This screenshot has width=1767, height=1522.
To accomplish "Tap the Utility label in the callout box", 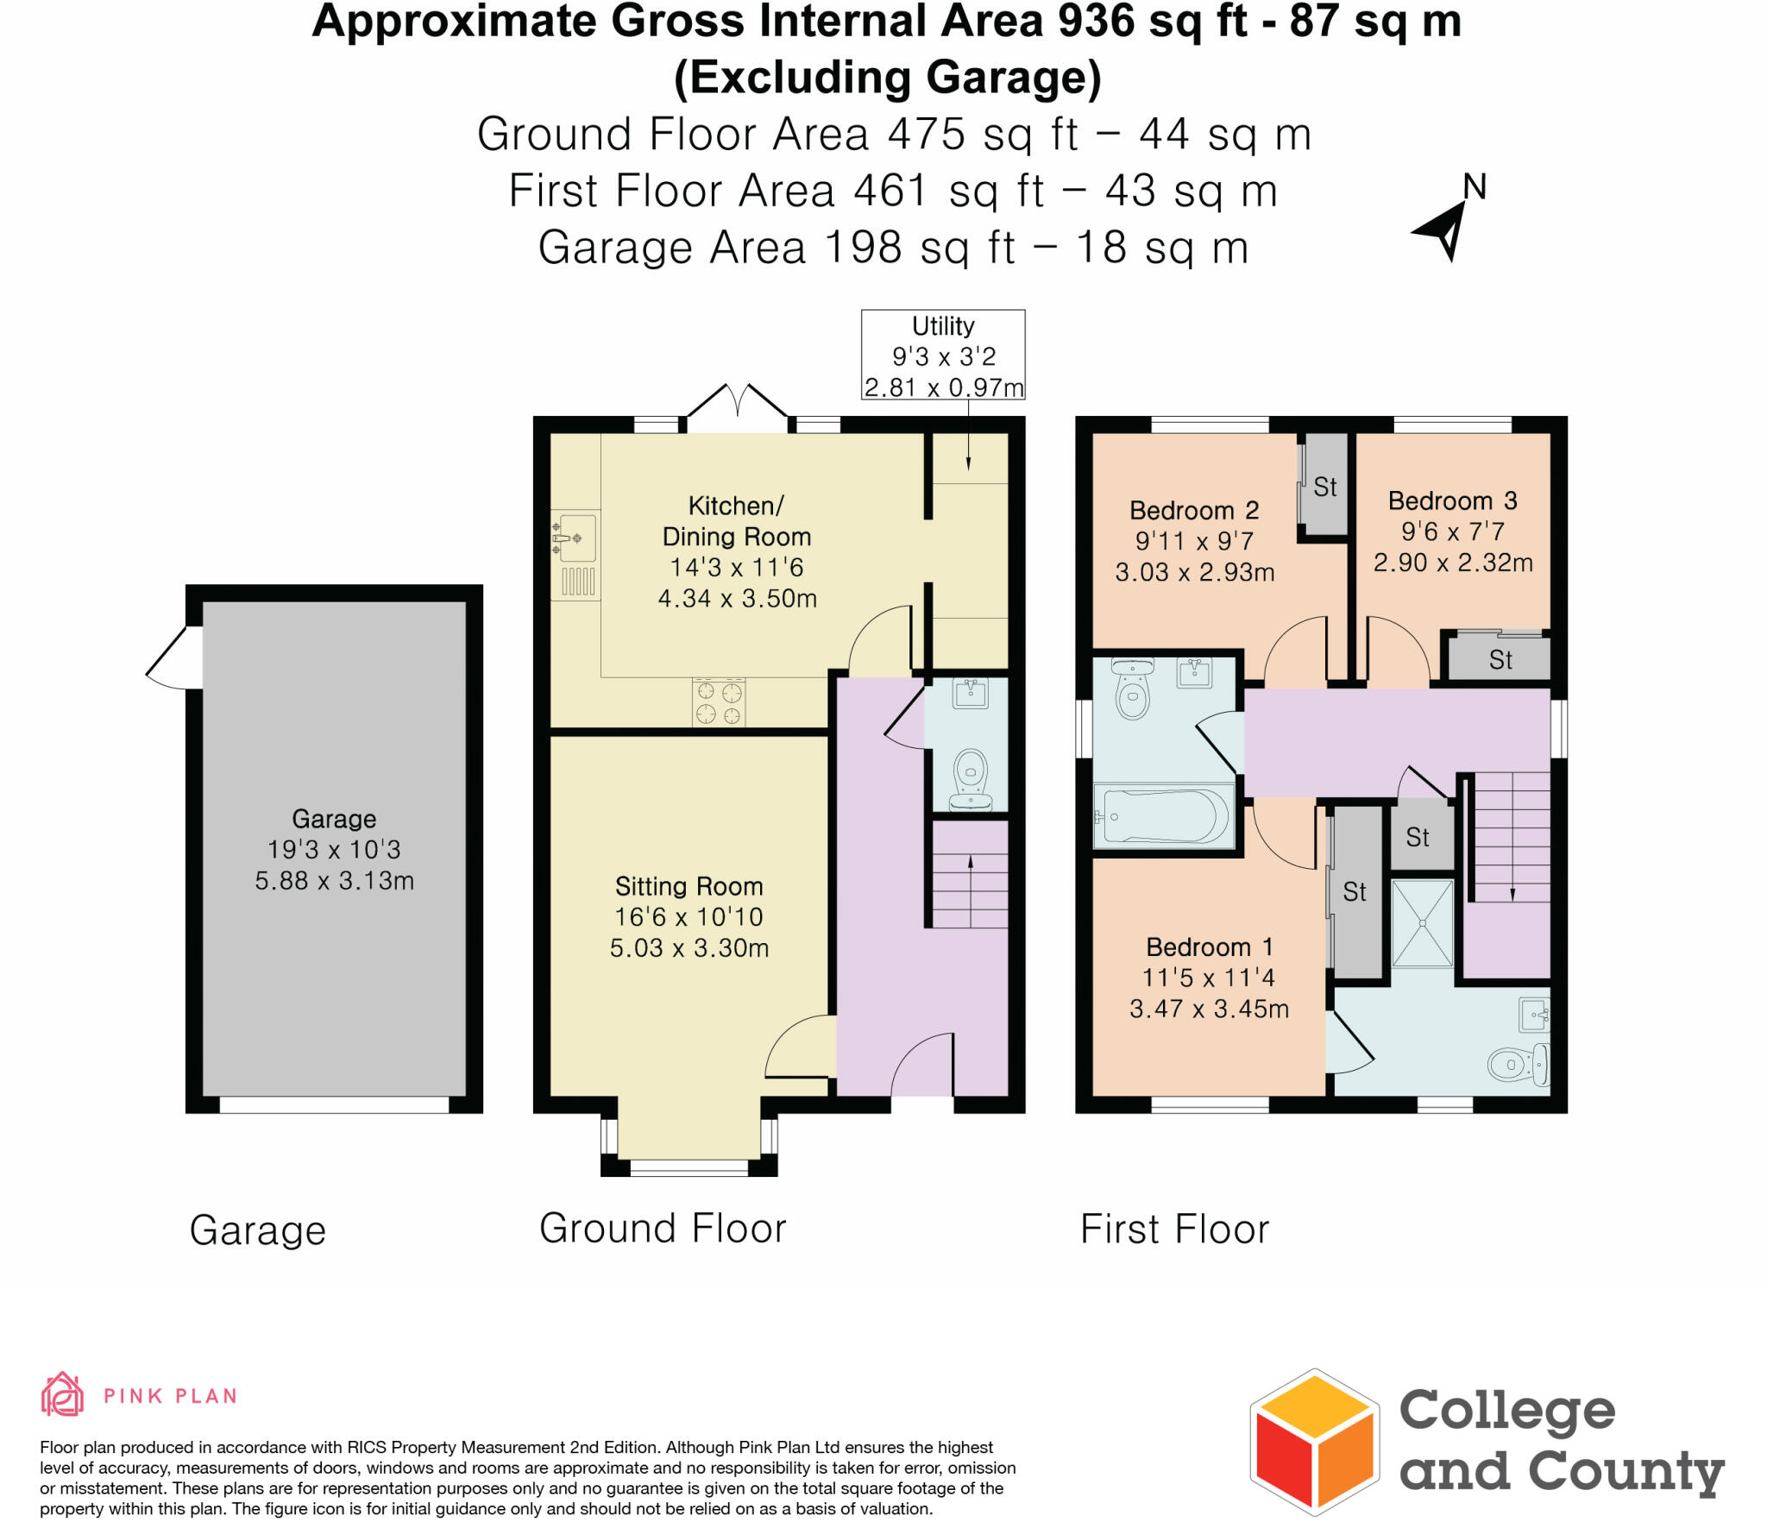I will tap(943, 326).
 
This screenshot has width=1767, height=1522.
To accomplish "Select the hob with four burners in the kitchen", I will tap(719, 702).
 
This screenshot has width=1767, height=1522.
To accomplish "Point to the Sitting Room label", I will tap(689, 886).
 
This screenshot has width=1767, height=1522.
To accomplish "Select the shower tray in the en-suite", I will tap(1422, 923).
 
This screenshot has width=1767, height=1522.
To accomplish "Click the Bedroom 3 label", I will tap(1452, 500).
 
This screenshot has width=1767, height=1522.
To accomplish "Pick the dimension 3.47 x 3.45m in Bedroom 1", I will tap(1209, 1009).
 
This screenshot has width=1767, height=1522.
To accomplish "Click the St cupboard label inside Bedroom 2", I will tap(1325, 487).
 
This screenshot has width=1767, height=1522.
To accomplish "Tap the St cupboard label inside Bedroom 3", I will tap(1500, 660).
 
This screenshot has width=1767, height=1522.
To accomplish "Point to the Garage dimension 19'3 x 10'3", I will tap(334, 849).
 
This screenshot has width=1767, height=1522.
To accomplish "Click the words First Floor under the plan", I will tap(1174, 1229).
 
